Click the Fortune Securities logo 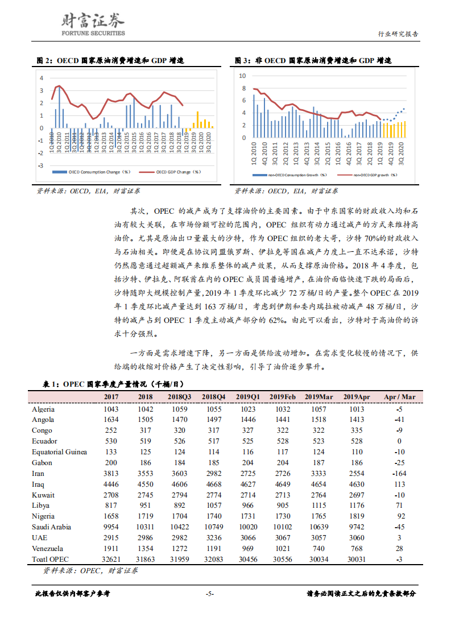[x=92, y=24]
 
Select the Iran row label [x=38, y=474]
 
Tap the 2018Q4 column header [x=214, y=396]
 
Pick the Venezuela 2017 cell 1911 [x=111, y=549]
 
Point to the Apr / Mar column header [x=400, y=396]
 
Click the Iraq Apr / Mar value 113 [x=400, y=484]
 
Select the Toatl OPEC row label [x=51, y=560]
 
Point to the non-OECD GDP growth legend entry [x=368, y=176]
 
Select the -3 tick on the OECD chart [x=40, y=165]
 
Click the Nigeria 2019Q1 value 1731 [x=247, y=516]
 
